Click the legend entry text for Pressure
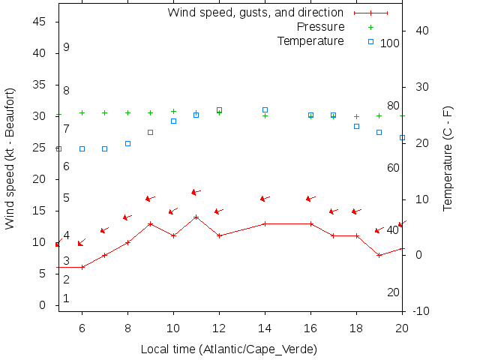click(x=321, y=27)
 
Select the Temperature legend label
click(x=310, y=40)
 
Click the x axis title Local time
click(x=229, y=349)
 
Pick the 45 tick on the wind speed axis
click(x=40, y=22)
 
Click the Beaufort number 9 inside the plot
click(x=66, y=47)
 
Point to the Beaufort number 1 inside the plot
click(x=66, y=298)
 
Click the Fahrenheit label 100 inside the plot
click(x=390, y=43)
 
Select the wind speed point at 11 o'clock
click(x=196, y=217)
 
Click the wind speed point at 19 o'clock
click(x=379, y=255)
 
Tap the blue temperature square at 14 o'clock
click(x=265, y=110)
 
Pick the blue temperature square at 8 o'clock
click(x=127, y=143)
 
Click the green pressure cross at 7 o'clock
click(x=105, y=112)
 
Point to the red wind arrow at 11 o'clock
click(x=196, y=193)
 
